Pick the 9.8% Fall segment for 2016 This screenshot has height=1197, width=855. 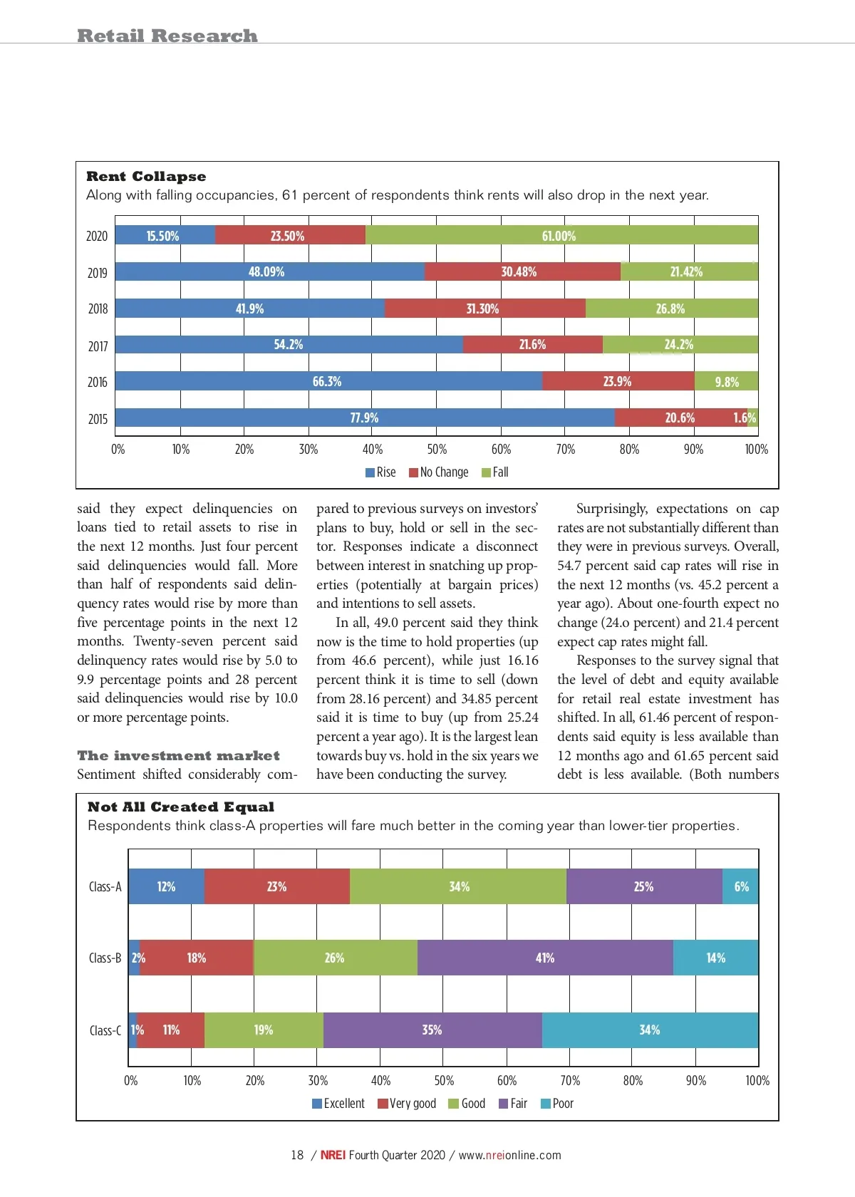[x=726, y=382]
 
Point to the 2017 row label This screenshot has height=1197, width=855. [x=98, y=346]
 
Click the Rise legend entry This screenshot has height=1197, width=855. [x=380, y=472]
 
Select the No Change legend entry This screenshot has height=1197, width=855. [x=439, y=472]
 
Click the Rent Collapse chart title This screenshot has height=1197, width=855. [x=146, y=177]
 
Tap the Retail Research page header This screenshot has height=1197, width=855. [x=167, y=36]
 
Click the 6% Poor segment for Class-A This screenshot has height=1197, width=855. [x=741, y=886]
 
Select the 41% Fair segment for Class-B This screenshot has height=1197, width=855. [x=545, y=958]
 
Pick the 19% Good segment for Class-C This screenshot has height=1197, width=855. [x=264, y=1030]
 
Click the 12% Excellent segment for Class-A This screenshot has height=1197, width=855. [x=166, y=886]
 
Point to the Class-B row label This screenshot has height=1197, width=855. [x=105, y=958]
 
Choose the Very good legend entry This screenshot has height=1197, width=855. [x=407, y=1104]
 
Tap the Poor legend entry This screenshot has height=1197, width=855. [x=557, y=1104]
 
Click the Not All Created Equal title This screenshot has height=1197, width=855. [x=181, y=807]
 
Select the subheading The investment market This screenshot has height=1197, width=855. [x=178, y=755]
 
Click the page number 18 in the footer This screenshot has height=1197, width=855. [x=297, y=1155]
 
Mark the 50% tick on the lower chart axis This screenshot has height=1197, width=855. [x=444, y=1081]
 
